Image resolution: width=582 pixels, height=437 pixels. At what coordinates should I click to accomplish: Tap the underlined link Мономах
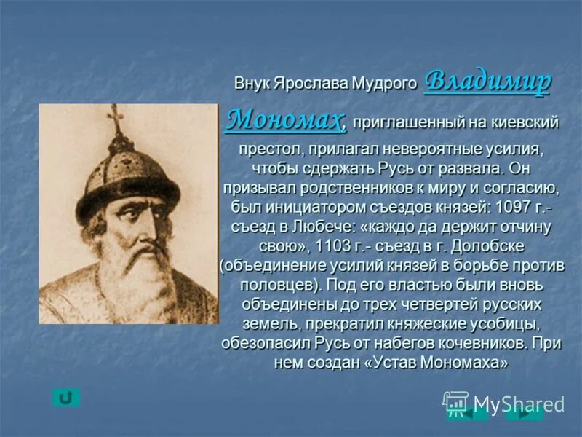coord(284,119)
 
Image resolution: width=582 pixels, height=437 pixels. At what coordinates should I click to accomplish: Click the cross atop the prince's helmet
coord(115,119)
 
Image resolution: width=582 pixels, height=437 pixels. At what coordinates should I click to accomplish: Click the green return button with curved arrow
coord(66,398)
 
